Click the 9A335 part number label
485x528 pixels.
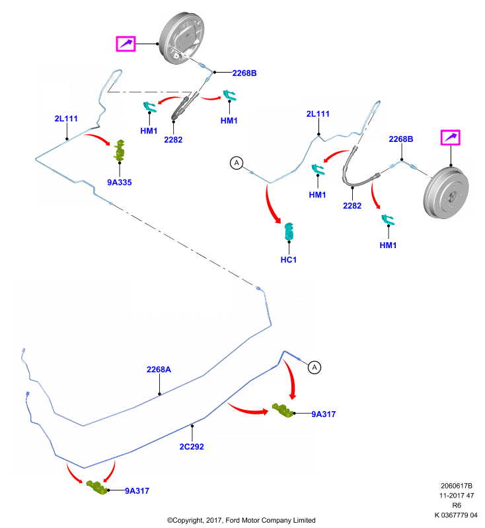(x=120, y=183)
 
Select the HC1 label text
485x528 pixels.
(x=289, y=260)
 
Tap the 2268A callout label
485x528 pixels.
(x=159, y=370)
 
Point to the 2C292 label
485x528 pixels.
(x=192, y=447)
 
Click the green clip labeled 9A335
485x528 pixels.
(x=120, y=150)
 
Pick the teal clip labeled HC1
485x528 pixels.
(x=289, y=232)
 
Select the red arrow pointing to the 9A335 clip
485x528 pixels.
(x=98, y=138)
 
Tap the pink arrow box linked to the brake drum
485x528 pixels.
(x=450, y=138)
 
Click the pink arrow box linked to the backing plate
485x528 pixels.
(x=126, y=44)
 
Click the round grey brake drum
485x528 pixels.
(x=446, y=192)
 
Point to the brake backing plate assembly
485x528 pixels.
(x=182, y=38)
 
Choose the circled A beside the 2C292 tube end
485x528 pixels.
(x=315, y=368)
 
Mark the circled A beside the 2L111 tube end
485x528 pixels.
(x=237, y=163)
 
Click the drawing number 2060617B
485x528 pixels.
(x=457, y=486)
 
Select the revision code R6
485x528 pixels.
(x=457, y=506)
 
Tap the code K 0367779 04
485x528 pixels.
(x=456, y=515)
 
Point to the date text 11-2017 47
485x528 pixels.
(x=457, y=496)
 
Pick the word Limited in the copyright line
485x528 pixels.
(x=304, y=520)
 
